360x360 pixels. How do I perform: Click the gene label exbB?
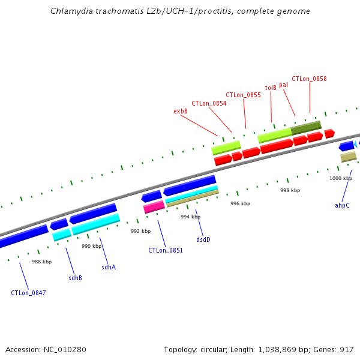coord(181,111)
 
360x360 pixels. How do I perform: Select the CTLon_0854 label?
coord(209,103)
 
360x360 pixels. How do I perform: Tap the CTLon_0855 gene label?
coord(243,95)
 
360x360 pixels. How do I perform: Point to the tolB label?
coord(271,87)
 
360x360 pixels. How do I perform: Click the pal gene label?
coord(283,85)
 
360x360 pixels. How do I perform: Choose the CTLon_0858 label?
coord(309,79)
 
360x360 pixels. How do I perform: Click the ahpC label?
coord(342,205)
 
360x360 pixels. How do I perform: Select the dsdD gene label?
coord(203,239)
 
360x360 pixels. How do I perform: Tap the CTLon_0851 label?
coord(166,250)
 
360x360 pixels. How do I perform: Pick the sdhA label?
coord(108,267)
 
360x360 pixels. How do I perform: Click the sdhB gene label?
coord(75,278)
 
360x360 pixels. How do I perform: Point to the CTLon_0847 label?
coord(28,293)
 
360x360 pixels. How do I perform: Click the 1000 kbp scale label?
coord(340,178)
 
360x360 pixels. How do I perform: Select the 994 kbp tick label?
coord(190,217)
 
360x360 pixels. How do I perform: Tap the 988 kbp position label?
coord(41,262)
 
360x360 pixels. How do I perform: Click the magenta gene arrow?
coord(154,207)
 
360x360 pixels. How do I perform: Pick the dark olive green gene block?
coord(306,128)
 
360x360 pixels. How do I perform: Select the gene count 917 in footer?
coord(346,349)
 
